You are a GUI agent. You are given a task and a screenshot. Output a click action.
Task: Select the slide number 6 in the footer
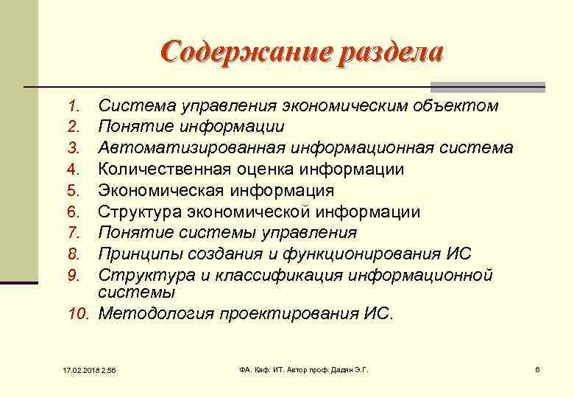click(538, 369)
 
